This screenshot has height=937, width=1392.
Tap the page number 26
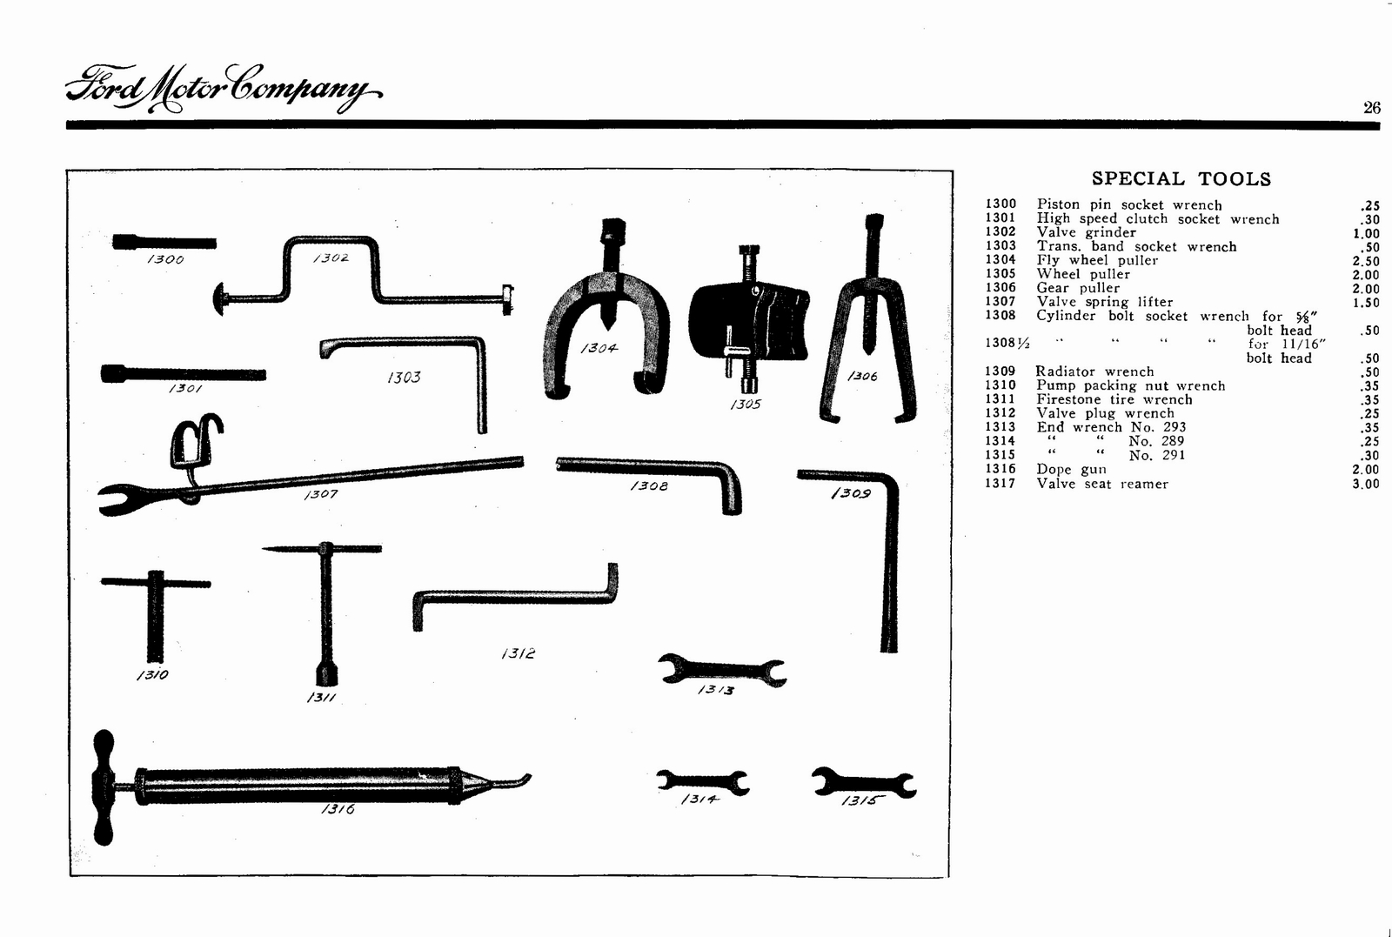[1371, 108]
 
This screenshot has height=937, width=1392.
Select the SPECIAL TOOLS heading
[1181, 179]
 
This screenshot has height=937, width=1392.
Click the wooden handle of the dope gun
[104, 787]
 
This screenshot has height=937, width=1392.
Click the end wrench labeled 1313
[722, 670]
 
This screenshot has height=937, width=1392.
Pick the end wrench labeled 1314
[702, 782]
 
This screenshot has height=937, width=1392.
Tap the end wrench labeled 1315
[863, 783]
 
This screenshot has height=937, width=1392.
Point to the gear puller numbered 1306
[867, 331]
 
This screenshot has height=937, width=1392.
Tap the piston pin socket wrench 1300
[164, 242]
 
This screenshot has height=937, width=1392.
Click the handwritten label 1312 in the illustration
[519, 653]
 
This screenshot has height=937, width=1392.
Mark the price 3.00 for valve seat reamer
[1365, 484]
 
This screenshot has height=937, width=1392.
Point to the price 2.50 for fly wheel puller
[1365, 261]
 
